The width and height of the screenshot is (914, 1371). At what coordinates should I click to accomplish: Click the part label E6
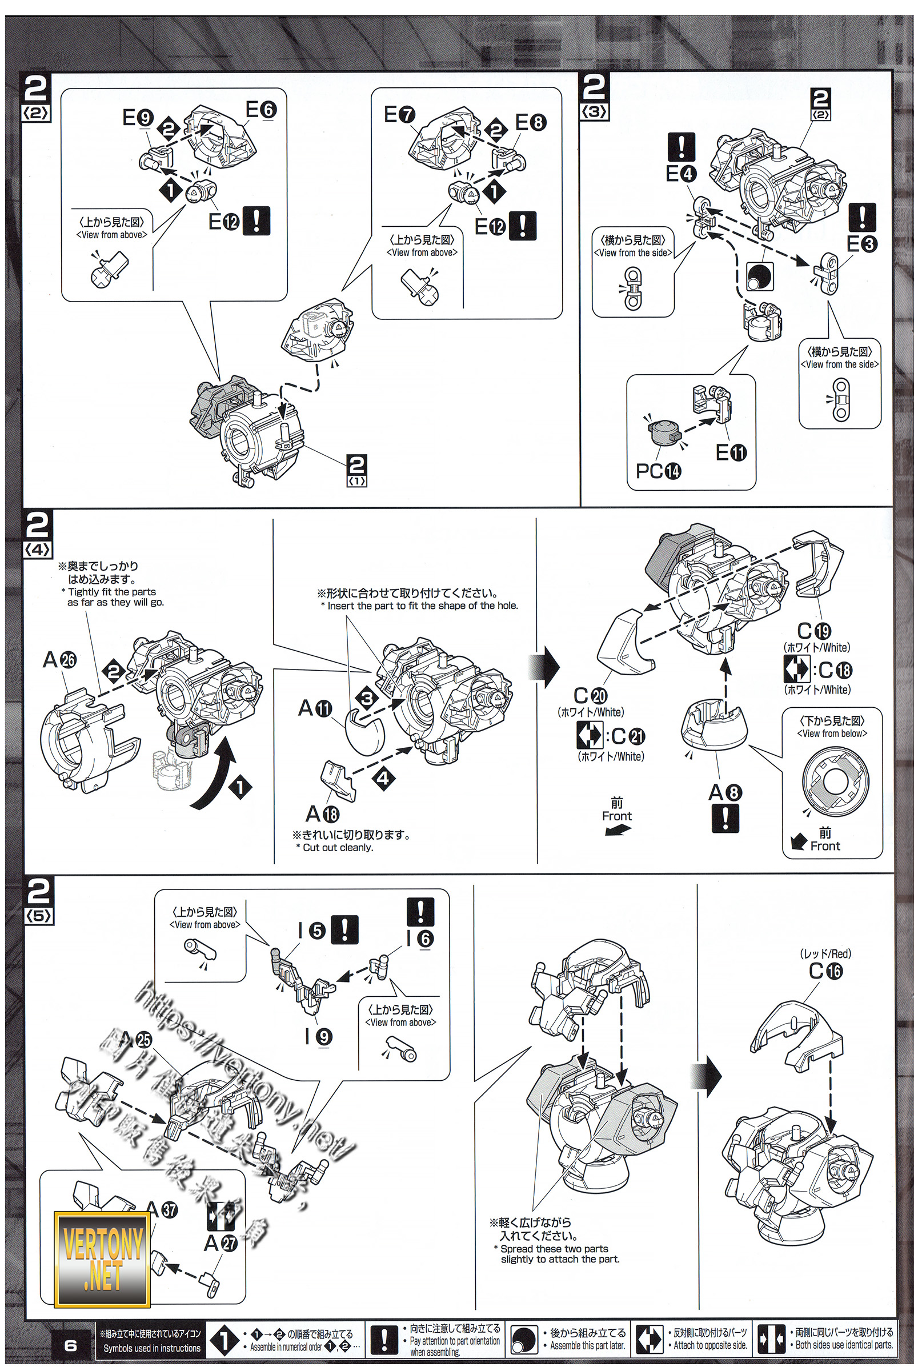coord(260,110)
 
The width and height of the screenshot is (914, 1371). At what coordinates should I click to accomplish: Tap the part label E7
coord(399,114)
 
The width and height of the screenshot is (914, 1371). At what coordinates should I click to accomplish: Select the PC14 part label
coord(658,470)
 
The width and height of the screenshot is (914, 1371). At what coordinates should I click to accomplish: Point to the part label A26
coord(59,660)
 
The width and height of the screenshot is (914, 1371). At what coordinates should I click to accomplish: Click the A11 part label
coord(315,708)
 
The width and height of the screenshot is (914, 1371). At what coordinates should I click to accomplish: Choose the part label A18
coord(322,813)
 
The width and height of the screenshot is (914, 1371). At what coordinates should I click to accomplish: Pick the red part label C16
coord(825,971)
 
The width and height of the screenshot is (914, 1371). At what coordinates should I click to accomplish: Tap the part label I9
coord(318,1036)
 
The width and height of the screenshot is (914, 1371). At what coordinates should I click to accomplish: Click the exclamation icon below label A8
coord(725,819)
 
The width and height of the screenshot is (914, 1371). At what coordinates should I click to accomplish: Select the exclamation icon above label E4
coord(681,146)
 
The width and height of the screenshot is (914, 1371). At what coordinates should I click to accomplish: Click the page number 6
coord(70,1345)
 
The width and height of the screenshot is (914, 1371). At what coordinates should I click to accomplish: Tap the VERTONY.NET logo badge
coord(102,1259)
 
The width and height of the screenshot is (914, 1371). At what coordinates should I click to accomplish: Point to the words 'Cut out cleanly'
coord(338,848)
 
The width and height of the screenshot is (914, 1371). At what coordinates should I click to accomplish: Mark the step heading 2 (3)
coord(594,95)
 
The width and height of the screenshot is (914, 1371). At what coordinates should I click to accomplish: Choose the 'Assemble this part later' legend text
coord(587,1346)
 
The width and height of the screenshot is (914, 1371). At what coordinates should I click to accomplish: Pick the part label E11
coord(731,452)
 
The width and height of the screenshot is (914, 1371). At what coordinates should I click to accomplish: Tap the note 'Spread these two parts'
coord(554,1249)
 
